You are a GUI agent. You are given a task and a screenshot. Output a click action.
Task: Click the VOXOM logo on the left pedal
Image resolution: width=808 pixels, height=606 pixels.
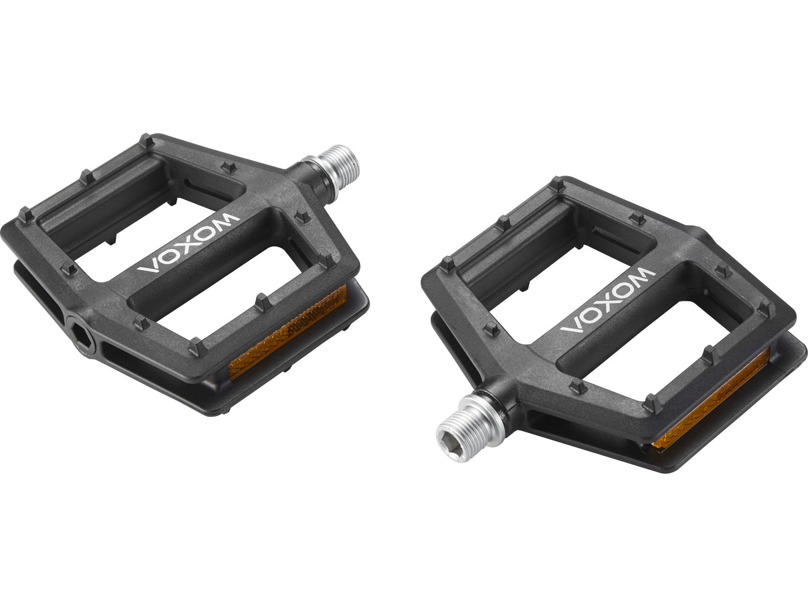click(189, 243)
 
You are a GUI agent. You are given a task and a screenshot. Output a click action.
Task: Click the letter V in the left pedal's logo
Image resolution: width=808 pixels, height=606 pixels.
click(148, 268)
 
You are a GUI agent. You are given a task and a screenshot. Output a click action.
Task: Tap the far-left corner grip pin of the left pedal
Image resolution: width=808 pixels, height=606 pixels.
click(26, 214)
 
